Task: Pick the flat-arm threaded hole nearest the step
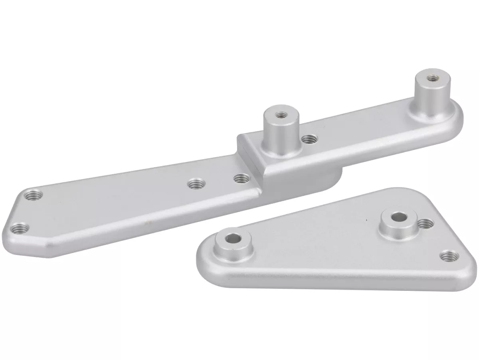pyautogui.click(x=240, y=177)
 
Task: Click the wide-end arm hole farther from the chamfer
pyautogui.click(x=33, y=195)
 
